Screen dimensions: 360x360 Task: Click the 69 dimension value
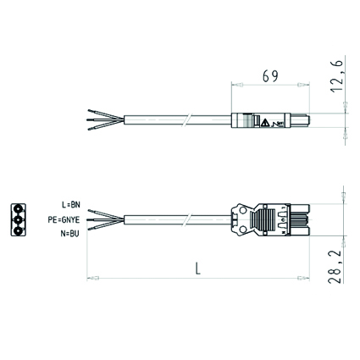click(x=270, y=76)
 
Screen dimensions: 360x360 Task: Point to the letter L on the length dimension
click(x=198, y=269)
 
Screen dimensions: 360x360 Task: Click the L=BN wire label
click(x=71, y=205)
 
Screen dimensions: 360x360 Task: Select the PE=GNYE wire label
click(x=64, y=219)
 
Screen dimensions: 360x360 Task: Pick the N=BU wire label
click(x=69, y=234)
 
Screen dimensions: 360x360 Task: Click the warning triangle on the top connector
click(x=264, y=123)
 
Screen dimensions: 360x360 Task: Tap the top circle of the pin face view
click(x=18, y=209)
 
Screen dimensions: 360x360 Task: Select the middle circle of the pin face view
click(x=18, y=220)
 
